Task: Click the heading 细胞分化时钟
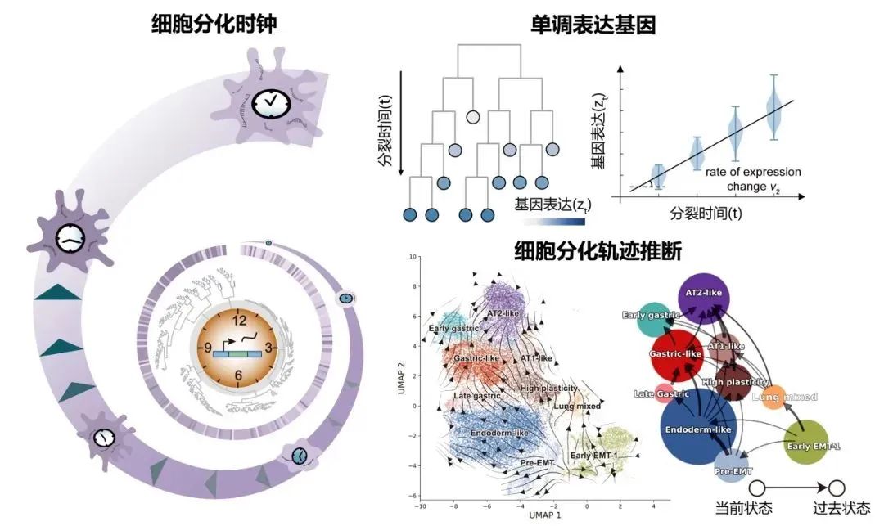(x=214, y=25)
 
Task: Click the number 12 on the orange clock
(x=238, y=321)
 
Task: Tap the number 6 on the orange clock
(x=238, y=376)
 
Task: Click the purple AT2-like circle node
(x=706, y=300)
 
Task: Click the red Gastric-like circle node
(x=676, y=354)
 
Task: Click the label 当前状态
(x=744, y=509)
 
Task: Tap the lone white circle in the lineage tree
(x=472, y=117)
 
